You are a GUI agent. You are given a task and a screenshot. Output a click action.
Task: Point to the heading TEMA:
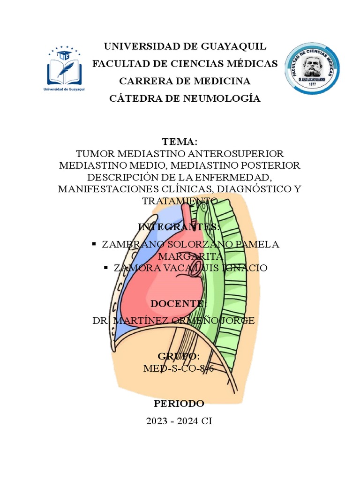point(180,142)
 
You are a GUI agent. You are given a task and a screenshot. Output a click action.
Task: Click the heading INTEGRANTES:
point(180,227)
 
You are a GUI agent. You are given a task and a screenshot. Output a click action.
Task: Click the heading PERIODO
point(180,404)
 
